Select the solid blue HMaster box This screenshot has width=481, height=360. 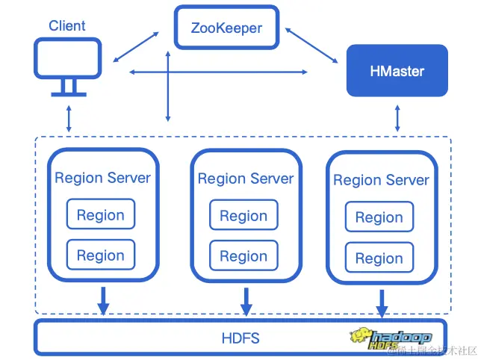point(397,72)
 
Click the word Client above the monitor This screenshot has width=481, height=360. point(67,26)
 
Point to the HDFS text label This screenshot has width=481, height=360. point(241,338)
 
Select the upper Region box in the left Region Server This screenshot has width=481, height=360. point(101,215)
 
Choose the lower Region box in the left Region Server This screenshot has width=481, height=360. point(101,255)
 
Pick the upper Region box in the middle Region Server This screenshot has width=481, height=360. point(243,216)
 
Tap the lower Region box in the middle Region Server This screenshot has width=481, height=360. point(243,256)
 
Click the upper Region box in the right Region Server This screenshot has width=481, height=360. point(379,217)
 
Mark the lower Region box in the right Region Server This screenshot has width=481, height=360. point(379,258)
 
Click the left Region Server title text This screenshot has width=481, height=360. point(102,178)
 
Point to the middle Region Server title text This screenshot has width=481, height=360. point(245,179)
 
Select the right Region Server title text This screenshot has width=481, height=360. point(381,180)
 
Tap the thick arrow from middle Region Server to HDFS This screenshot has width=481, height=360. point(246,302)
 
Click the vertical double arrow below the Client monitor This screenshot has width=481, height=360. point(69,119)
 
